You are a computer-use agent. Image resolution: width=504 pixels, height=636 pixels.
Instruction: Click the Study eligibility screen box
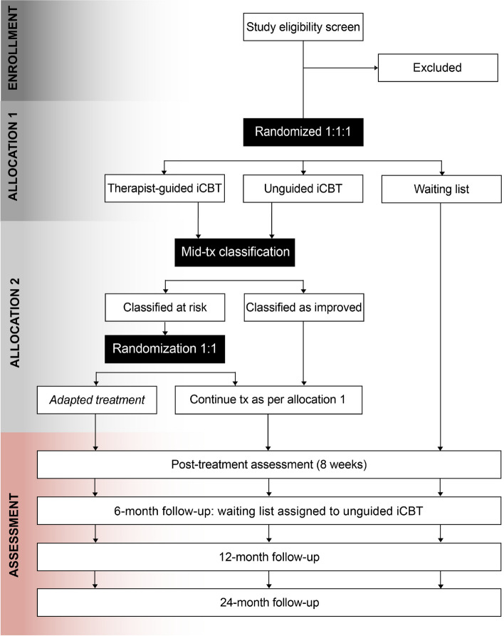click(304, 28)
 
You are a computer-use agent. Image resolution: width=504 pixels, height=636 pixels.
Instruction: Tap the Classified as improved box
click(304, 308)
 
